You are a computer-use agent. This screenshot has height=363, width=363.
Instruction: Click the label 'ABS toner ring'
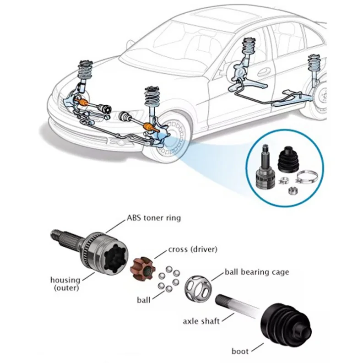point(153,218)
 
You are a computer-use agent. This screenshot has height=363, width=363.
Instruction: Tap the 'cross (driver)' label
point(192,249)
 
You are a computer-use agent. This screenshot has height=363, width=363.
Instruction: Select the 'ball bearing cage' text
point(257,272)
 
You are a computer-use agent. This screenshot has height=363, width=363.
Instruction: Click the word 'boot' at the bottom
point(240,352)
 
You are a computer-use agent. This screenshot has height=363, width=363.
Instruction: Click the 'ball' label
point(143,300)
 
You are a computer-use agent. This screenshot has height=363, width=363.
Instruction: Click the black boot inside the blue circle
point(288,160)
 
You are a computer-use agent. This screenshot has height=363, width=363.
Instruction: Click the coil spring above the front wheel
point(152,98)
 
